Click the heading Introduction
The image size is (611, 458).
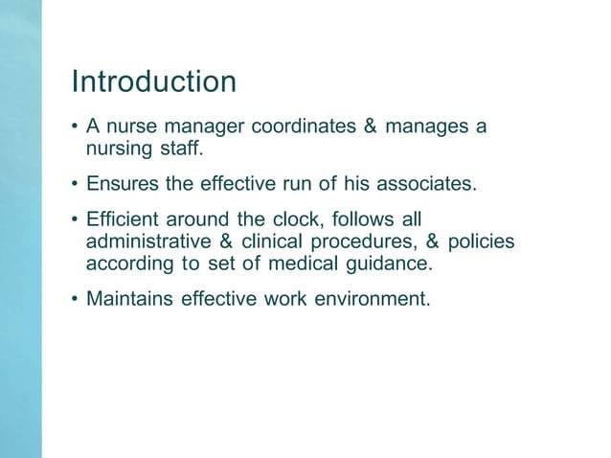154,81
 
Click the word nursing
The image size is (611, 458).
117,149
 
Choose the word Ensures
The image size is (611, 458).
121,183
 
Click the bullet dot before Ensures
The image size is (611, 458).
75,183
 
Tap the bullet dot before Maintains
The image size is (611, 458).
75,299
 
